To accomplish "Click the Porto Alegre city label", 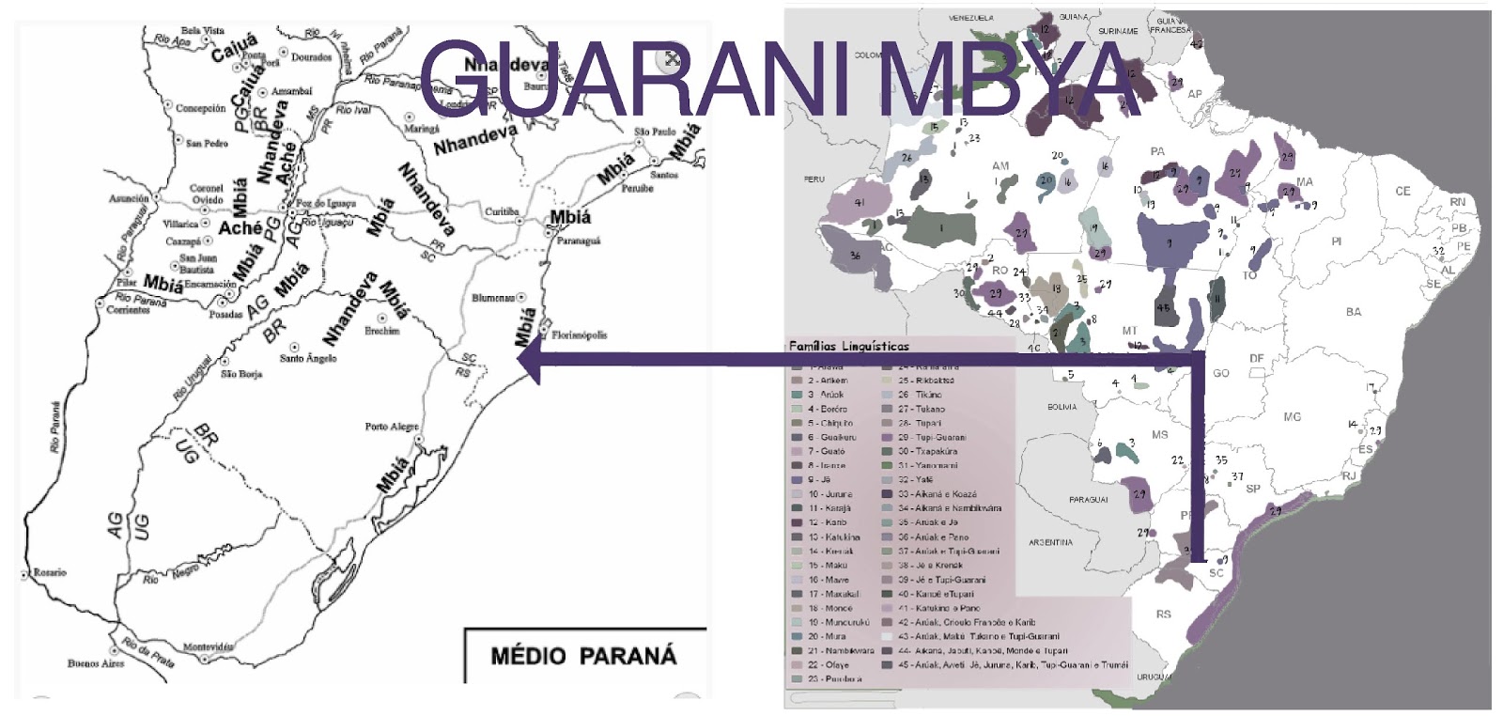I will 391,427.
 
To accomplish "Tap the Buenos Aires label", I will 95,663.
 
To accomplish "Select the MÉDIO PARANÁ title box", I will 583,656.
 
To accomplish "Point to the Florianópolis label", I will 579,335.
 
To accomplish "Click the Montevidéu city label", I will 208,647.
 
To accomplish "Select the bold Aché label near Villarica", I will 240,228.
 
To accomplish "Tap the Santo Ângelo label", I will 307,358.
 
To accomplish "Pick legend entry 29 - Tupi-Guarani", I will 931,437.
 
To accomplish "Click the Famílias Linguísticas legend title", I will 848,346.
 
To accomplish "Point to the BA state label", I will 1353,312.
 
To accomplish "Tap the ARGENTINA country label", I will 1050,542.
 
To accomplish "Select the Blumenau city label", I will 493,298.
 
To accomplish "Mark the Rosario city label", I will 49,572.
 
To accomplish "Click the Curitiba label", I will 501,212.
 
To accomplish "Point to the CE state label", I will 1402,191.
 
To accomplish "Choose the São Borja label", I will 240,374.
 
